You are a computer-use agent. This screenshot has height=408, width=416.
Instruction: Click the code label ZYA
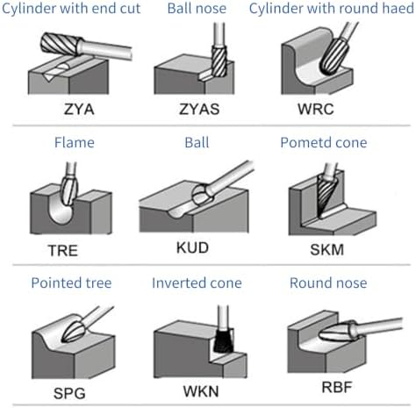(x=79, y=109)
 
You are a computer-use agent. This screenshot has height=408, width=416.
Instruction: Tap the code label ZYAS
(x=199, y=109)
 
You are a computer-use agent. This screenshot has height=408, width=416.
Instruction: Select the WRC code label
(x=316, y=109)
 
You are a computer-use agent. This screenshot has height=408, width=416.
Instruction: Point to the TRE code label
(x=63, y=251)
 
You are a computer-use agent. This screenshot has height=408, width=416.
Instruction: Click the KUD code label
(x=192, y=247)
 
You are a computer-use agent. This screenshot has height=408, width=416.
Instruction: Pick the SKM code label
(x=326, y=250)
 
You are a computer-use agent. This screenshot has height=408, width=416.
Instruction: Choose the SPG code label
(x=69, y=393)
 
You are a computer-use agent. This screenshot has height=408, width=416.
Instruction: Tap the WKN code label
(x=201, y=391)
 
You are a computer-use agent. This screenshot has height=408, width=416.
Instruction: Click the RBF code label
(x=337, y=387)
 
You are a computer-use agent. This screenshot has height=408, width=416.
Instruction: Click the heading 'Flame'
(x=75, y=143)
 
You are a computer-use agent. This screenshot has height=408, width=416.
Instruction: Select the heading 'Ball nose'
(x=197, y=8)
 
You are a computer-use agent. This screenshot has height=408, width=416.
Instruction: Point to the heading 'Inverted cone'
(x=197, y=283)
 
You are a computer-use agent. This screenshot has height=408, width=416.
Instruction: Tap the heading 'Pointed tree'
(x=71, y=283)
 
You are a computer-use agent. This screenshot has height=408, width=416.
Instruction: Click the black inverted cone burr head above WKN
(x=224, y=340)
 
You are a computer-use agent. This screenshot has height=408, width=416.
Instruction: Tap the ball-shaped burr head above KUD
(x=201, y=194)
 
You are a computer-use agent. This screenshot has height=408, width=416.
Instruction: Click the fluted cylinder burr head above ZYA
(x=61, y=44)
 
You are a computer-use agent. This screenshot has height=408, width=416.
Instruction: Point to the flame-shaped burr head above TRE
(x=69, y=190)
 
